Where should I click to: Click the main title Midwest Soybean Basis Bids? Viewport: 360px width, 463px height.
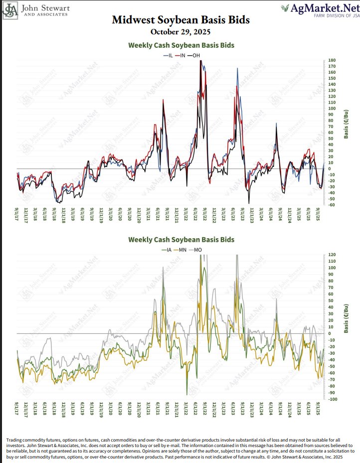[x=180, y=20]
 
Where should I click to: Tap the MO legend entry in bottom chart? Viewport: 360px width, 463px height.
[x=195, y=249]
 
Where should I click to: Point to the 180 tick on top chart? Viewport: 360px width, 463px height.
[x=332, y=61]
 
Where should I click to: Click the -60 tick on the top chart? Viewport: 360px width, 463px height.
[x=332, y=205]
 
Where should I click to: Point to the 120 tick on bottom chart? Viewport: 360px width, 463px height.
[x=332, y=255]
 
